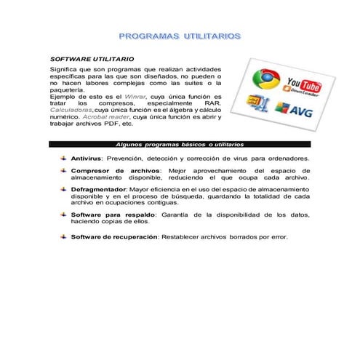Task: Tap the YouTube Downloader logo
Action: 304,85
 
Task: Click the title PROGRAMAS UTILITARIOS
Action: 180,35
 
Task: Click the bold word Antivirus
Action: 87,158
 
